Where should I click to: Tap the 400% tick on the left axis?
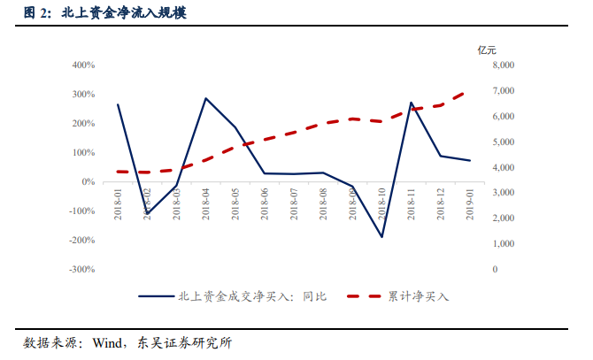[x=82, y=65]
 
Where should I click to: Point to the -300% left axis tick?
[x=81, y=269]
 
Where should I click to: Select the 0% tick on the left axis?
[x=88, y=181]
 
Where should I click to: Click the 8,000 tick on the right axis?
[x=501, y=65]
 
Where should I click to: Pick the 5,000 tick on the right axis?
[x=501, y=142]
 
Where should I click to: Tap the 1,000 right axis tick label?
[x=501, y=243]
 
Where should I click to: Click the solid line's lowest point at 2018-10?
[x=382, y=237]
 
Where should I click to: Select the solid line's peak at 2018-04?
[x=206, y=98]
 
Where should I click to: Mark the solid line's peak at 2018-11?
[x=412, y=103]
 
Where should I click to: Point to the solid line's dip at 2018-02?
[x=147, y=213]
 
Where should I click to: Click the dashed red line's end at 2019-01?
[x=470, y=90]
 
